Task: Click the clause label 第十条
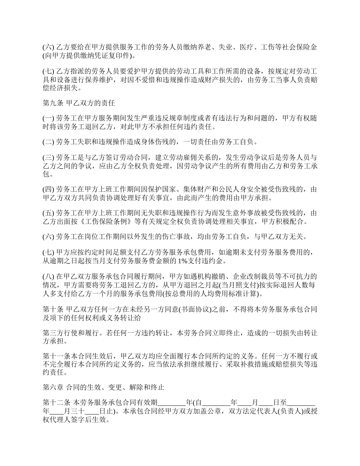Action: (53, 310)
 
